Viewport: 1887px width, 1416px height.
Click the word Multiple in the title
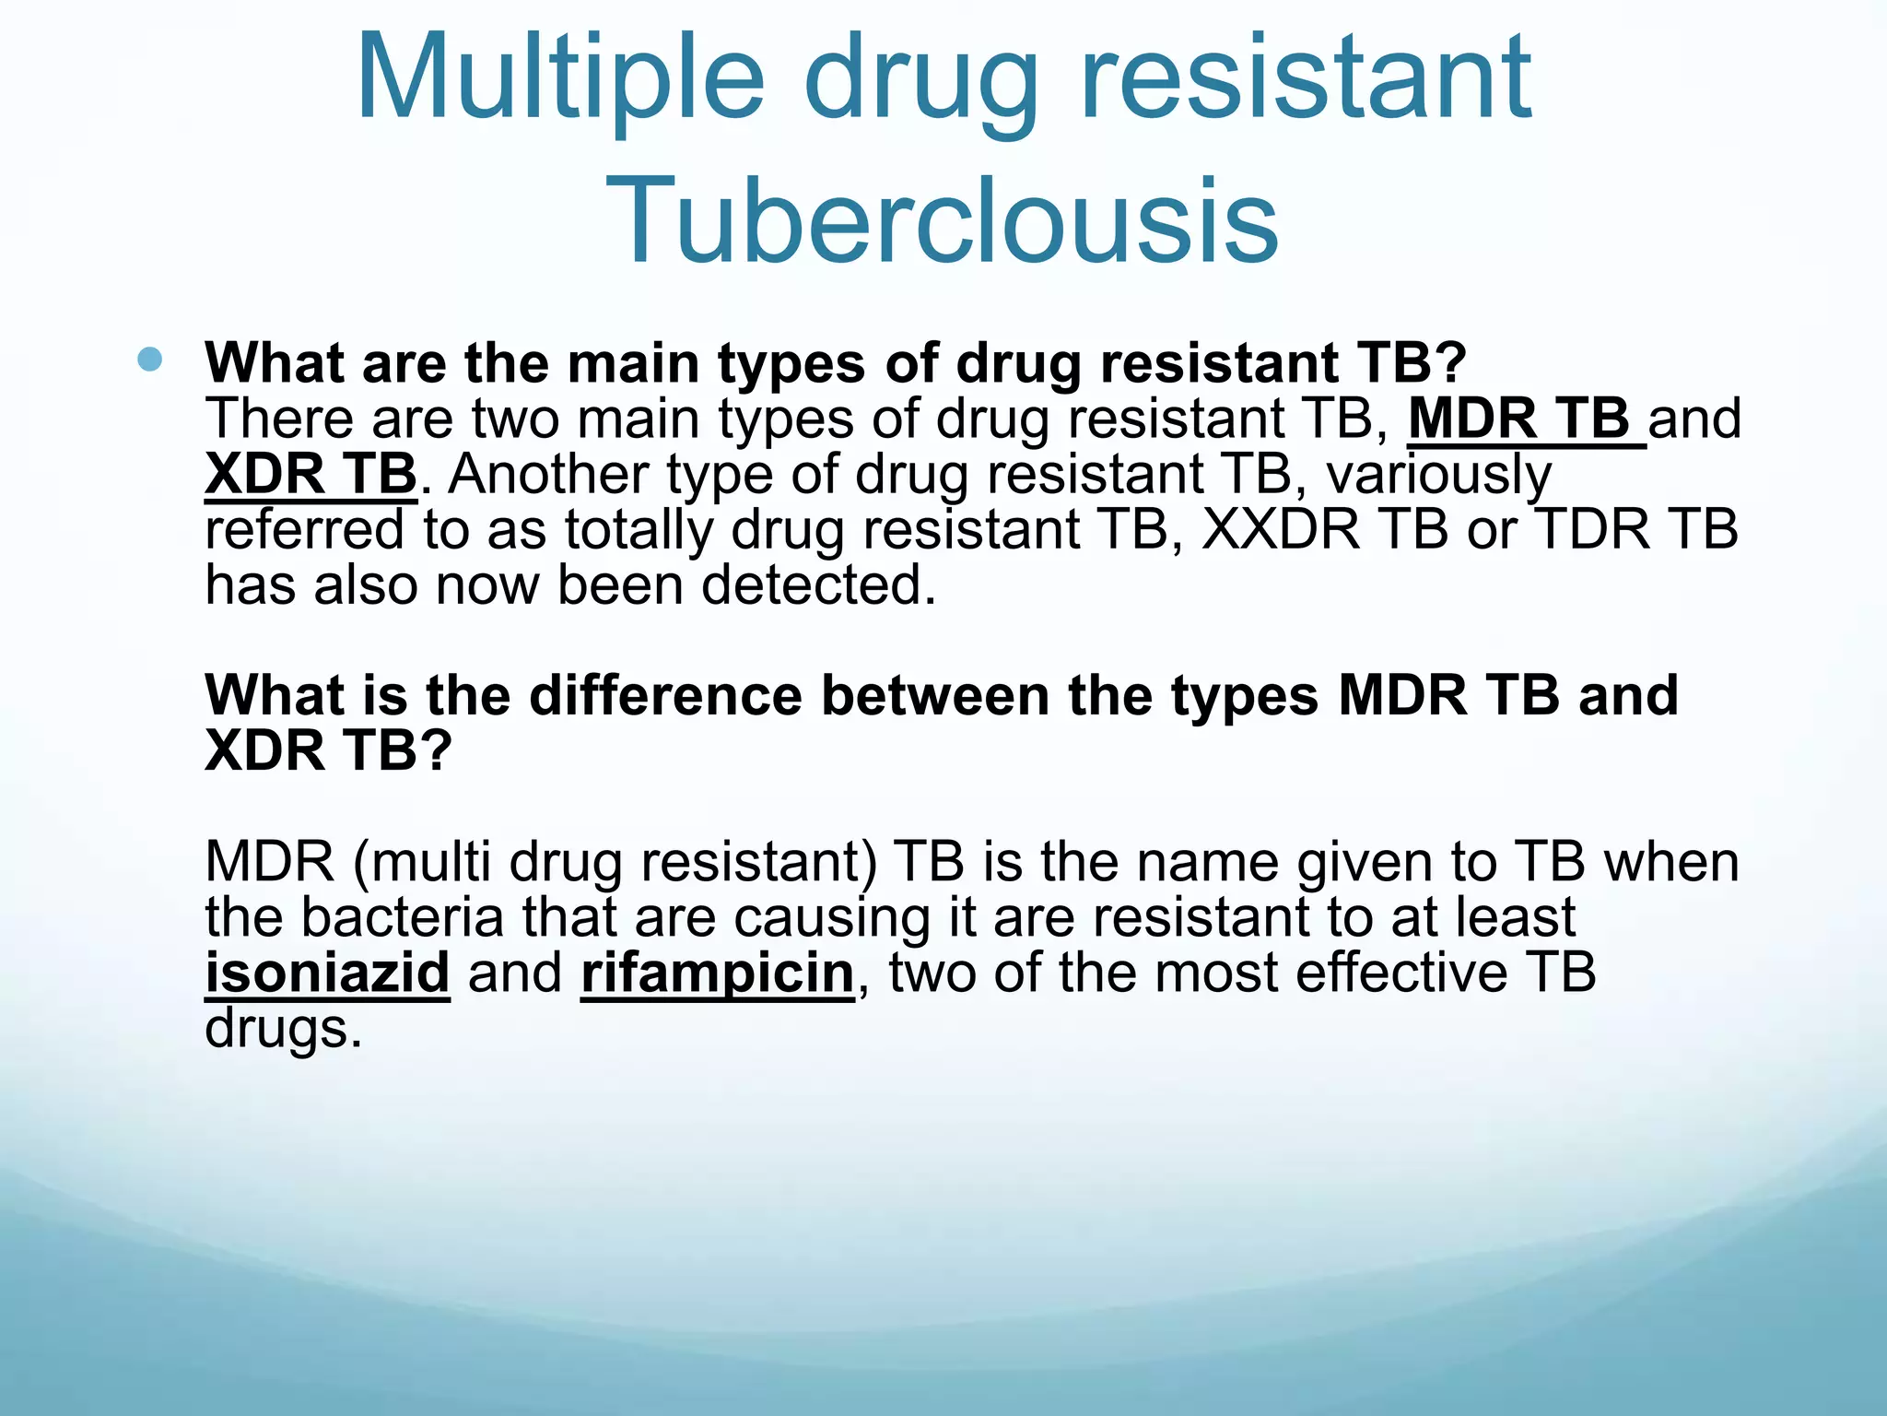(559, 78)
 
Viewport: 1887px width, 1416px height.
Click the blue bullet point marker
(149, 359)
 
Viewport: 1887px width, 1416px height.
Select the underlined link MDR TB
(1525, 419)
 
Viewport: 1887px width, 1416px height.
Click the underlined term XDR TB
(311, 475)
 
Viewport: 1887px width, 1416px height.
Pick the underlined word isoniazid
(327, 973)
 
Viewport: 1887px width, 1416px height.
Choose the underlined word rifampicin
(718, 973)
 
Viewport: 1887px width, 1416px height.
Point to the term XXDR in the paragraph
(1282, 530)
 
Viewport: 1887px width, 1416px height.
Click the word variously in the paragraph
(1439, 475)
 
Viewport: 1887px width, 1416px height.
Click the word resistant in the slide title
(1306, 78)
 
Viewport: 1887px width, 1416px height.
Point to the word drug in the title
(921, 78)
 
